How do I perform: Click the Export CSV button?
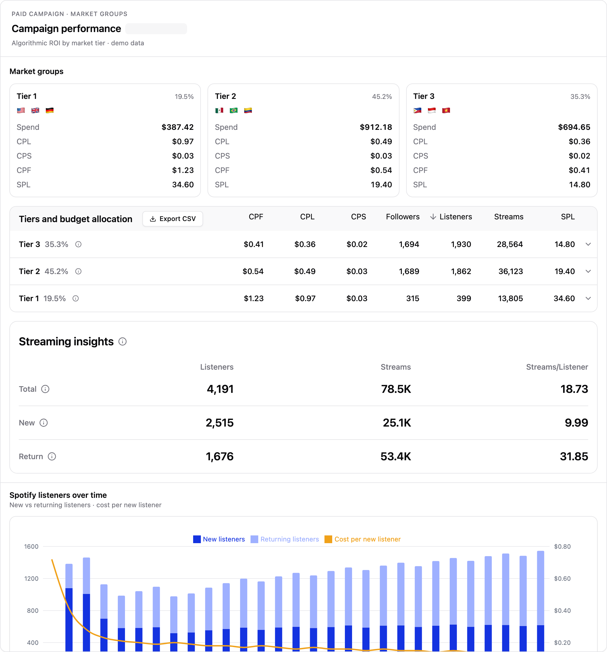[x=173, y=219]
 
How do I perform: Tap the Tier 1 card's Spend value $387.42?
[x=177, y=127]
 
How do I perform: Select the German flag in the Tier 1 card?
[x=50, y=111]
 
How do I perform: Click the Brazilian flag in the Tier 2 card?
[x=234, y=111]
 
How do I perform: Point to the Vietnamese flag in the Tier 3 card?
[x=446, y=111]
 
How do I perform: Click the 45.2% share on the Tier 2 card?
[x=382, y=97]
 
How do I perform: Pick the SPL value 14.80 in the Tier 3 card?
[x=579, y=185]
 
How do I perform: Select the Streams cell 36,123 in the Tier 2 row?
[x=511, y=272]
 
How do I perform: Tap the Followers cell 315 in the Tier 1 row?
[x=413, y=298]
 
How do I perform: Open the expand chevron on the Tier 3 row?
[x=588, y=244]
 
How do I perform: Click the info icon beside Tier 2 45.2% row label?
[x=78, y=272]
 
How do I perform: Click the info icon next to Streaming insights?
[x=123, y=342]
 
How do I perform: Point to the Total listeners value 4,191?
[x=220, y=389]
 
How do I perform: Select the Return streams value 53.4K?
[x=396, y=456]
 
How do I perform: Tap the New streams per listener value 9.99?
[x=577, y=423]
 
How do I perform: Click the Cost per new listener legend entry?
[x=363, y=539]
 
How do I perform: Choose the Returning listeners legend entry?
[x=285, y=539]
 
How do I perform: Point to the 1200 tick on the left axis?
[x=31, y=579]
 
